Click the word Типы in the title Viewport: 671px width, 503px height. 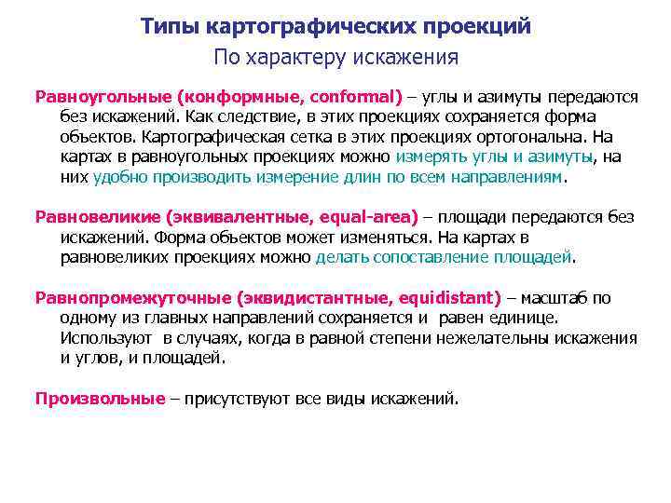coord(167,26)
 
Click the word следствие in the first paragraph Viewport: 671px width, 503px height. coord(247,116)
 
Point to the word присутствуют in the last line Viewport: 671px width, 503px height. coord(228,399)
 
